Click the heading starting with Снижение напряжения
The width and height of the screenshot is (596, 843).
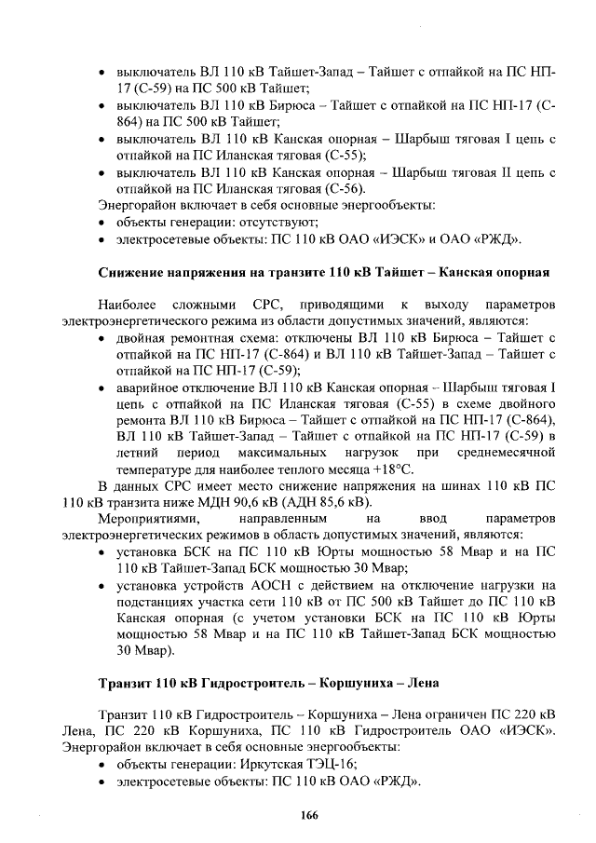(x=326, y=272)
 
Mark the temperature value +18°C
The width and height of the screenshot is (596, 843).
(x=394, y=469)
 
